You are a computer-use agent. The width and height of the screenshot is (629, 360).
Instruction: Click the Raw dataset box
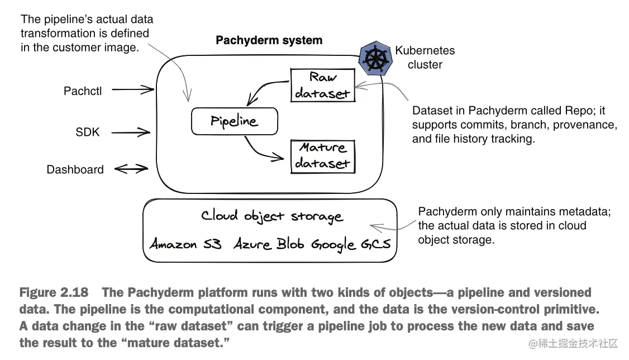[x=323, y=85]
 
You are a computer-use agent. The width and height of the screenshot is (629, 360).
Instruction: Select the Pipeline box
[x=234, y=121]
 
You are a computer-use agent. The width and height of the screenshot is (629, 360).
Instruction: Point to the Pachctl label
[x=83, y=91]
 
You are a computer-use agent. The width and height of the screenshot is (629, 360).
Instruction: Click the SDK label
[x=88, y=132]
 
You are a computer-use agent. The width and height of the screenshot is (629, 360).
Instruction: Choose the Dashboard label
[x=75, y=170]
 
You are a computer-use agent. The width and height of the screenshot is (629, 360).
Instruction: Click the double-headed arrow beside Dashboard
[x=131, y=169]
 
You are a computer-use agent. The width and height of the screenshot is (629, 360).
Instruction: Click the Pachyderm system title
[x=269, y=40]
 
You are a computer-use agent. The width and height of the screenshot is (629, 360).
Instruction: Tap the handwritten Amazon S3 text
[x=185, y=244]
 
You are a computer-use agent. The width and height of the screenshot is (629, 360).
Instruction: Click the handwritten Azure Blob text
[x=269, y=244]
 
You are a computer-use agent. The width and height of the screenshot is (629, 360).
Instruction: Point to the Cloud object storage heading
[x=271, y=216]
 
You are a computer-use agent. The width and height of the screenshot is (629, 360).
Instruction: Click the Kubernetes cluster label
[x=425, y=58]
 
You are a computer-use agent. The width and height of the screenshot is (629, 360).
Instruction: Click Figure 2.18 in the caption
[x=55, y=292]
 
